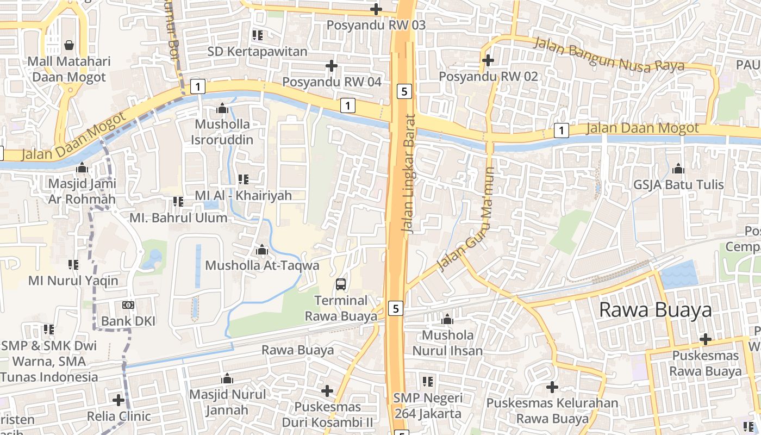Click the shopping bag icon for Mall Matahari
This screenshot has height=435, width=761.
[x=69, y=45]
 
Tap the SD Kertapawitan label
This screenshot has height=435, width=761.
[x=257, y=52]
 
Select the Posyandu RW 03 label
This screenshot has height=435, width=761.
[x=376, y=25]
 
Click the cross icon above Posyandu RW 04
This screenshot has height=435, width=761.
[x=331, y=66]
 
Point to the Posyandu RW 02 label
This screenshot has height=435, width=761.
[x=488, y=76]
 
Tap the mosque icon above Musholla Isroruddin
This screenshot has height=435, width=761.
[x=222, y=108]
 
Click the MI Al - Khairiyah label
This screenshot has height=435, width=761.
[x=244, y=195]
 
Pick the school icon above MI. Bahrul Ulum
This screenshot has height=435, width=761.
[x=178, y=202]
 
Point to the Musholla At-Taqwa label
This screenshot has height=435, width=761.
[x=262, y=266]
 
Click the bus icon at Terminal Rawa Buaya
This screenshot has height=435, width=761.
[x=341, y=284]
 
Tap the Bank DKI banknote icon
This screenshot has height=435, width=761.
[x=128, y=305]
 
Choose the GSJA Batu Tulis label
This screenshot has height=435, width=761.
[x=678, y=185]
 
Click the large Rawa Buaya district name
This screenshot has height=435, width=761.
[x=655, y=310]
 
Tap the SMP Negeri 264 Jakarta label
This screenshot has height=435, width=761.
[x=428, y=406]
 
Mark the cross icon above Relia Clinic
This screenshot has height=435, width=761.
[x=118, y=400]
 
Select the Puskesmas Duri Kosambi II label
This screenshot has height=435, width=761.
[x=327, y=414]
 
